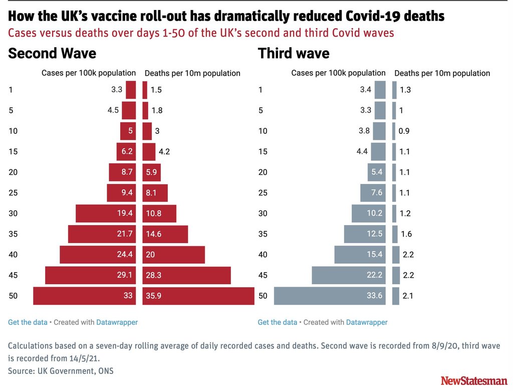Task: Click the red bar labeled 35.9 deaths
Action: (x=198, y=296)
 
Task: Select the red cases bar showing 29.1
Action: (x=90, y=275)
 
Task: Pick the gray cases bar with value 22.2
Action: (x=349, y=275)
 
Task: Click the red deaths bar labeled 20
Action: (x=173, y=255)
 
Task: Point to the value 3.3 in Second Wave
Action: (x=117, y=90)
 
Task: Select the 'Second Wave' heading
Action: (x=52, y=54)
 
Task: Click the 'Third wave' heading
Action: (x=294, y=54)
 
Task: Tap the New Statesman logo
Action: (x=473, y=380)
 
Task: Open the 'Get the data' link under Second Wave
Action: (x=28, y=322)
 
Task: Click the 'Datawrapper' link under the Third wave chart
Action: (x=367, y=322)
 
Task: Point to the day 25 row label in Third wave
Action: (x=263, y=193)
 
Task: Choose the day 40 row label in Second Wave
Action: (x=13, y=255)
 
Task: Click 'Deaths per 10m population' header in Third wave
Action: (x=442, y=73)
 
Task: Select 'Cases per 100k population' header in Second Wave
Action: (x=89, y=73)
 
